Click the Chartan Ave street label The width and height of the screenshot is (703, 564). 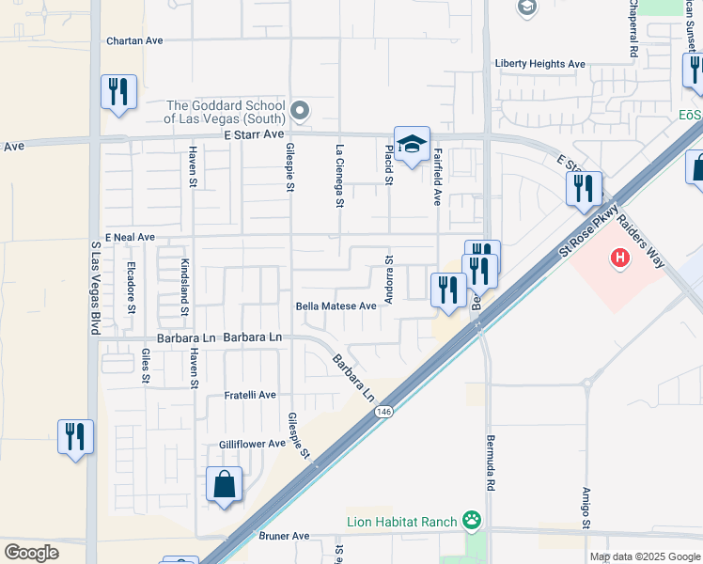point(135,40)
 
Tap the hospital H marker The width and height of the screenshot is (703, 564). point(619,257)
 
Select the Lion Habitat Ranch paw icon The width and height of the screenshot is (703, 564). point(472,520)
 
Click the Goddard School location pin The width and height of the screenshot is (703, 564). point(300,112)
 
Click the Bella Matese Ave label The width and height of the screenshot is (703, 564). point(336,305)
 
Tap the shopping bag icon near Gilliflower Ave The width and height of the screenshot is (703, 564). point(225,485)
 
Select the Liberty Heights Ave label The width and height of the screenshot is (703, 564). point(540,64)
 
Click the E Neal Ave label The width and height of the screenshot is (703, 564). point(130,237)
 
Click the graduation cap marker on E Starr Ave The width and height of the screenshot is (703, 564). point(412,144)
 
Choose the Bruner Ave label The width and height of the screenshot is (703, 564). point(284,536)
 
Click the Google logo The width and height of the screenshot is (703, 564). point(31,553)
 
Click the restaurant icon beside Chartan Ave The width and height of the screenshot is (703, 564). point(118,92)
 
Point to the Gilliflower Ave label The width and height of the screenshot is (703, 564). point(252,444)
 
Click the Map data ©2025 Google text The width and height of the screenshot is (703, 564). point(644,556)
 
